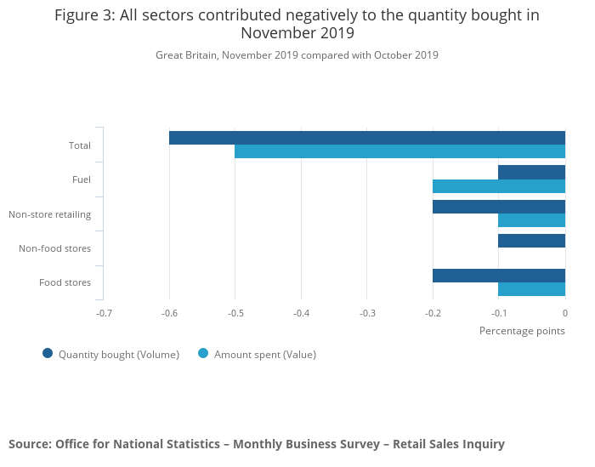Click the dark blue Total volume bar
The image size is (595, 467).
(367, 138)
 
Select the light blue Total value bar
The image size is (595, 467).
(399, 151)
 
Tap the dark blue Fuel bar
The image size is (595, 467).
(531, 172)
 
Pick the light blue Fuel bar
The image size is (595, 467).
(499, 186)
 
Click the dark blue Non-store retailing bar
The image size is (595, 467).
(499, 207)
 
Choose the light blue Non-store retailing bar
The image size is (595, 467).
(531, 220)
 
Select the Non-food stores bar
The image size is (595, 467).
(531, 241)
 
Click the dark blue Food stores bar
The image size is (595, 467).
(499, 276)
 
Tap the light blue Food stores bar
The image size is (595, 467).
(531, 289)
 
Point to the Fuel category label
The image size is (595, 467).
(82, 179)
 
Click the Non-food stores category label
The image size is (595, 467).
(55, 248)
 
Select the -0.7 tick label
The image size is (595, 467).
(104, 313)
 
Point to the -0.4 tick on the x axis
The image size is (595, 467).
(301, 313)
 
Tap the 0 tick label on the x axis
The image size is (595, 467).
(564, 313)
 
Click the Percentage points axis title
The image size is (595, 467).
(522, 330)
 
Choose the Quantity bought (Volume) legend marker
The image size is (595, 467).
(48, 354)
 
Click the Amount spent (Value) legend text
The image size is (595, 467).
(264, 355)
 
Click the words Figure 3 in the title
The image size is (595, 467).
(85, 15)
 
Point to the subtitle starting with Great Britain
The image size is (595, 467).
(297, 55)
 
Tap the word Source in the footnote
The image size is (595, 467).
(29, 444)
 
